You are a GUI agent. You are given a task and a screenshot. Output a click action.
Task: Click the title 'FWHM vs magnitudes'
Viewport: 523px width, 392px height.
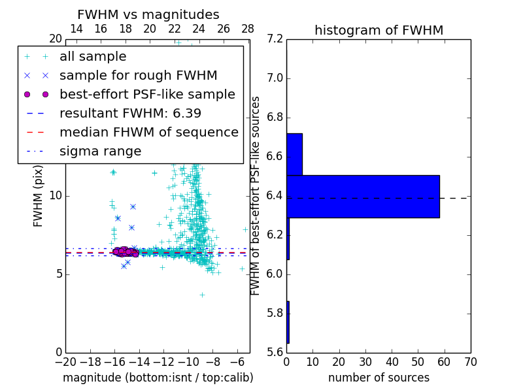[x=148, y=14]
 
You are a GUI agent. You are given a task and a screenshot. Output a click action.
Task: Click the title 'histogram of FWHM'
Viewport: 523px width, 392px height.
[x=379, y=30]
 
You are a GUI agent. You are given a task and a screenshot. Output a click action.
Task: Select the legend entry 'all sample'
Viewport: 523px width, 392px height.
[x=93, y=57]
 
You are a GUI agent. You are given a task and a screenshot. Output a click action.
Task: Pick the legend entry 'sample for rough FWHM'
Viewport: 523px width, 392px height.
[x=138, y=76]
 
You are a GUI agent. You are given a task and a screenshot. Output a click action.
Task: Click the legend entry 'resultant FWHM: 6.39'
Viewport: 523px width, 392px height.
[x=130, y=114]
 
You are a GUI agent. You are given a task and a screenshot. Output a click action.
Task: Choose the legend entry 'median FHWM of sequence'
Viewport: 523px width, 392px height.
[x=148, y=133]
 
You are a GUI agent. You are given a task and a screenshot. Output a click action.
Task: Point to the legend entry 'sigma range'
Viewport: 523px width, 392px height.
[x=100, y=152]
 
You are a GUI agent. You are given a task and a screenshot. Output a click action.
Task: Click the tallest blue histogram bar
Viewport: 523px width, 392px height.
[x=363, y=196]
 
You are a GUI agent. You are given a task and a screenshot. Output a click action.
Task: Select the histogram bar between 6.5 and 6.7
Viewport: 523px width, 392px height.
[x=294, y=154]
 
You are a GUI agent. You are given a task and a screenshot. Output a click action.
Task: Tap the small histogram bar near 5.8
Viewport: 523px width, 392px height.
[x=288, y=322]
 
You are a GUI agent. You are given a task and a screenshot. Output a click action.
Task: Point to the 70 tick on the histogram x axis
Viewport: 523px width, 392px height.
[x=470, y=362]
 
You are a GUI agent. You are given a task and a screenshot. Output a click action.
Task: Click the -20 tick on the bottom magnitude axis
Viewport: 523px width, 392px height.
[x=65, y=362]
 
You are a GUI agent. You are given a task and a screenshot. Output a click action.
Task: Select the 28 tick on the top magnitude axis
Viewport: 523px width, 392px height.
[x=248, y=29]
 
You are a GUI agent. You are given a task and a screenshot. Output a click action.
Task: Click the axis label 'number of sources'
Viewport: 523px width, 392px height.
[x=379, y=378]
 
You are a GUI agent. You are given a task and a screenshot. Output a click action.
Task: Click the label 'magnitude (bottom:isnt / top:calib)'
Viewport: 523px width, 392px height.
[x=158, y=378]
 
